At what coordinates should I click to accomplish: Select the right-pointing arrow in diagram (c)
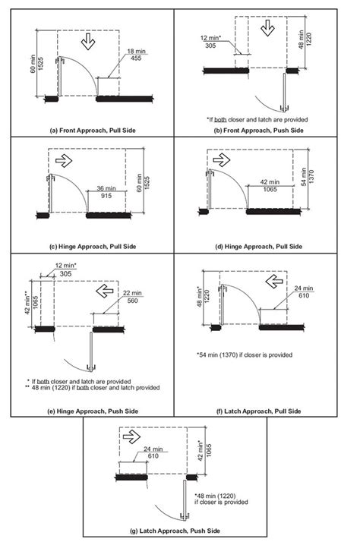64,161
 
